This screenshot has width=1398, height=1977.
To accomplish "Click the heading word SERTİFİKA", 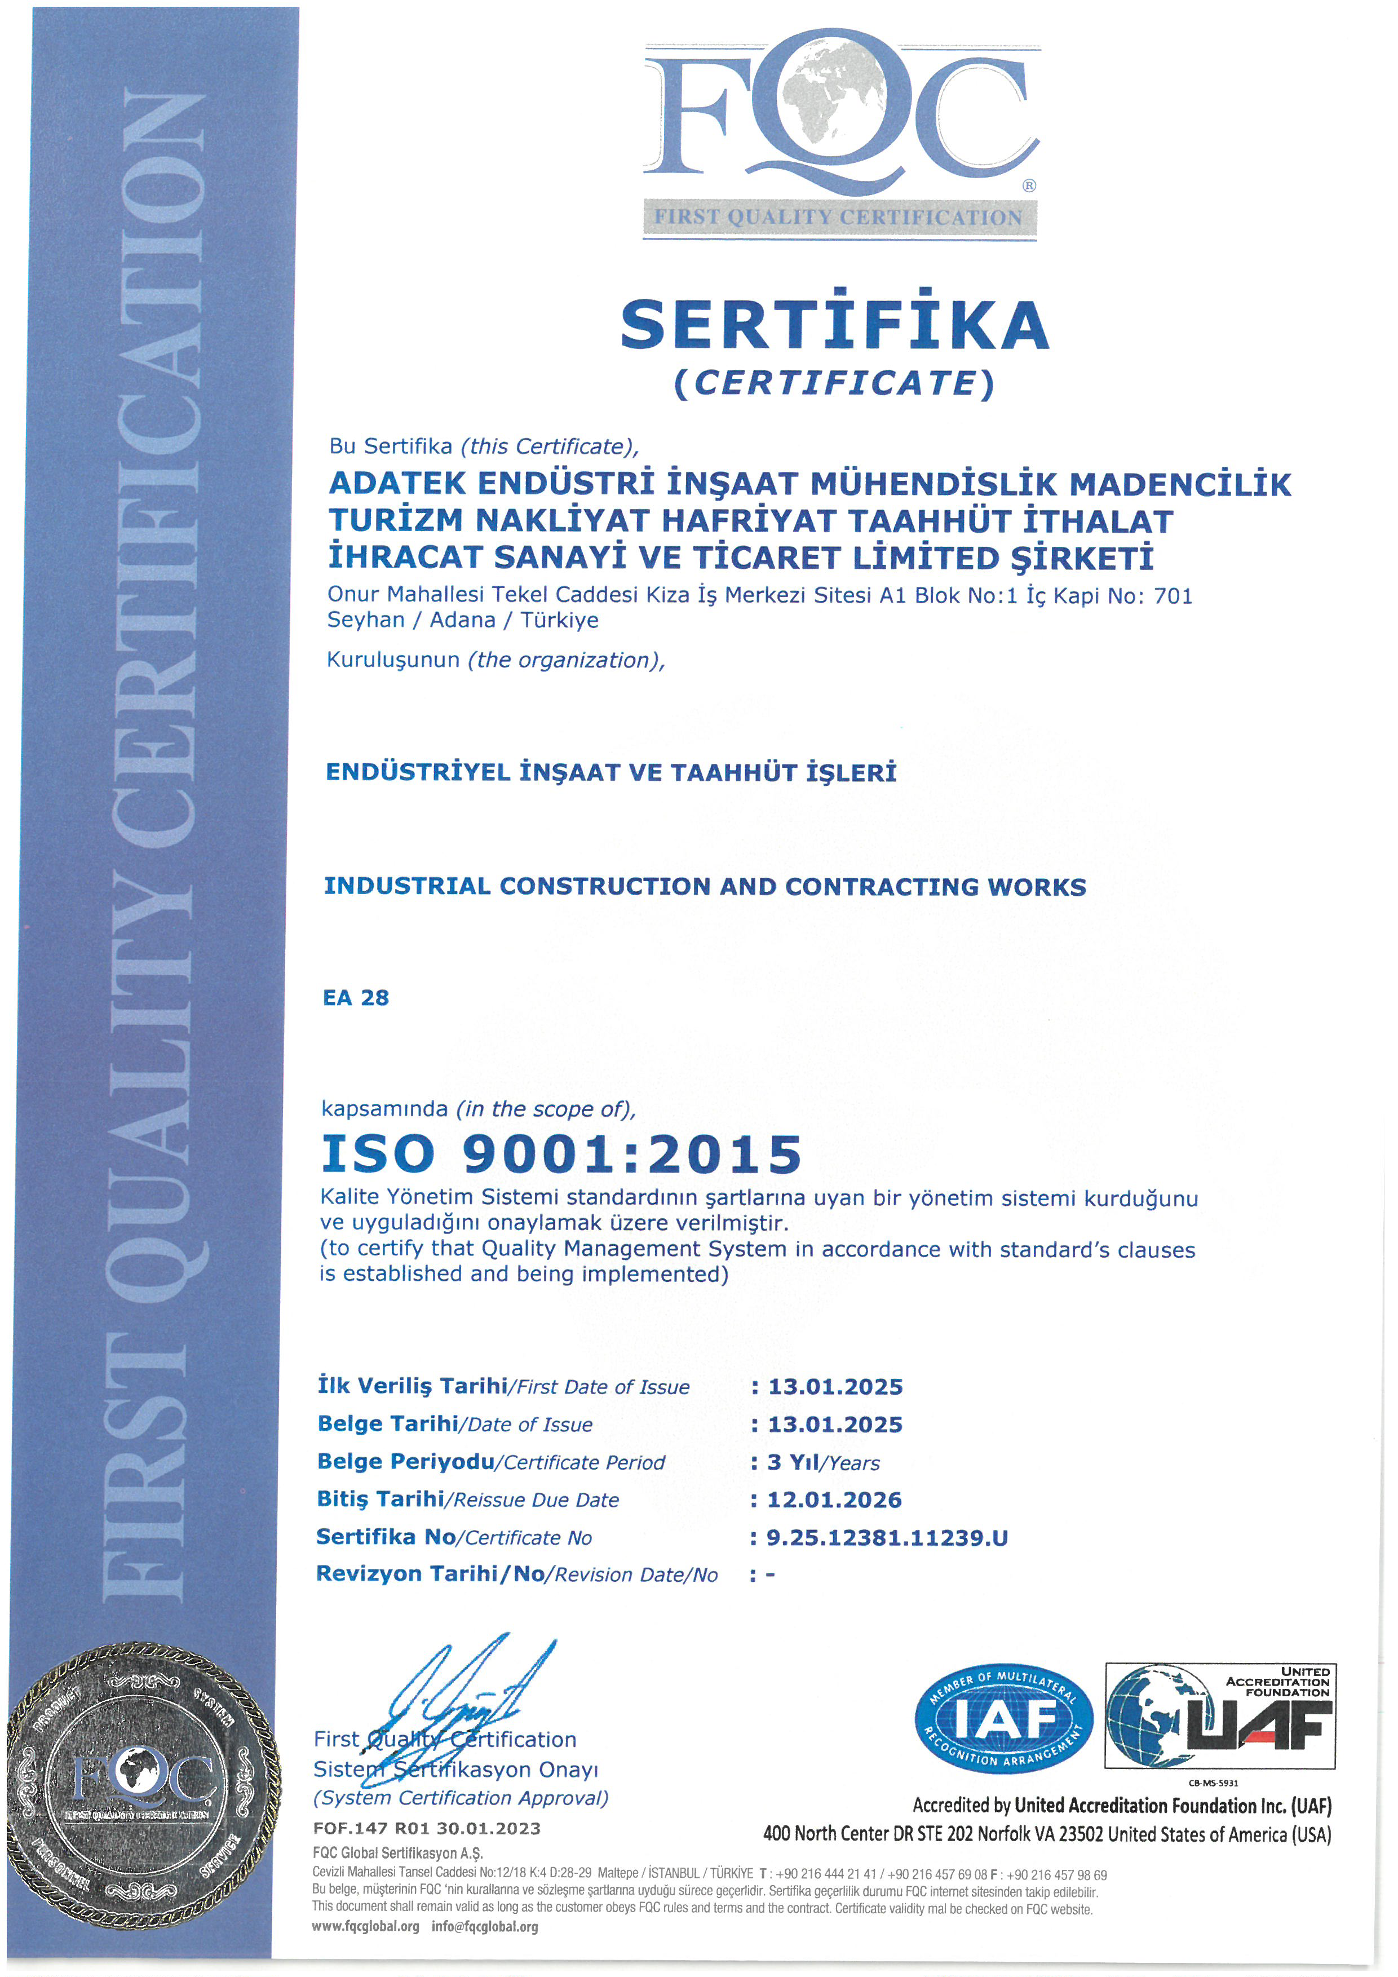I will pyautogui.click(x=834, y=325).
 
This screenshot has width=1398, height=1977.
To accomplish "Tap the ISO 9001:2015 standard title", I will pyautogui.click(x=561, y=1154).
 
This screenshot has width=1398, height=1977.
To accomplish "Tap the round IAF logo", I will pyautogui.click(x=1004, y=1719).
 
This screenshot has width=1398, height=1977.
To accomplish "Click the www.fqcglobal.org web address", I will pyautogui.click(x=366, y=1926).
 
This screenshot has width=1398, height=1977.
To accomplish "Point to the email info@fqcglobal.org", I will pyautogui.click(x=485, y=1926).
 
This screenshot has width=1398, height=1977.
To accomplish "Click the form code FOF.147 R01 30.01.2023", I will pyautogui.click(x=427, y=1828).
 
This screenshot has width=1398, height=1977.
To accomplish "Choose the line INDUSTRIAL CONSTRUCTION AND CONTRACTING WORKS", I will pyautogui.click(x=704, y=887).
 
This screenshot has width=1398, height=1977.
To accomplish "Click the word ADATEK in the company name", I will pyautogui.click(x=397, y=483).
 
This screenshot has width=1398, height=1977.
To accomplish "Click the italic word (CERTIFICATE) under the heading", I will pyautogui.click(x=834, y=383).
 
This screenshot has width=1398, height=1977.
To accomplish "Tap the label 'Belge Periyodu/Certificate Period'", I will pyautogui.click(x=490, y=1462).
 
